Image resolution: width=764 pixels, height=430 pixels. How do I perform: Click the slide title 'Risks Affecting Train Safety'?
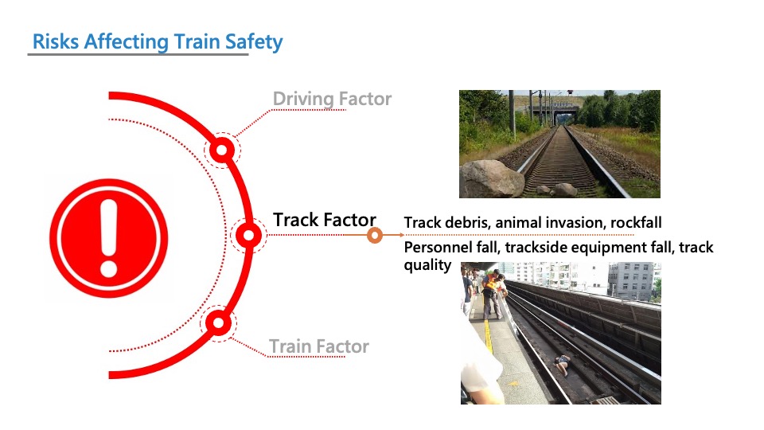(158, 42)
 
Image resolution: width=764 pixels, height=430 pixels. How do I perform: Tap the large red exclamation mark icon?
(109, 238)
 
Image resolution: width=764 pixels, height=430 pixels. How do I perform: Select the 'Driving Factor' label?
(332, 99)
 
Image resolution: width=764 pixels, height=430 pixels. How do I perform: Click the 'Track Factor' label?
(324, 220)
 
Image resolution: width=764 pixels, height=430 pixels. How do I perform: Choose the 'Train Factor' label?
(319, 346)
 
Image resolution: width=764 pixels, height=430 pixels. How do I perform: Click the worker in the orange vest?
(491, 293)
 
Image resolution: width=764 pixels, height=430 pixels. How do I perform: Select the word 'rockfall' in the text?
(636, 223)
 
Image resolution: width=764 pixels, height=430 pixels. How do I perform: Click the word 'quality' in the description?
(427, 266)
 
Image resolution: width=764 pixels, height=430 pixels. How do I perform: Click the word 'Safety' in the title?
(253, 42)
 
